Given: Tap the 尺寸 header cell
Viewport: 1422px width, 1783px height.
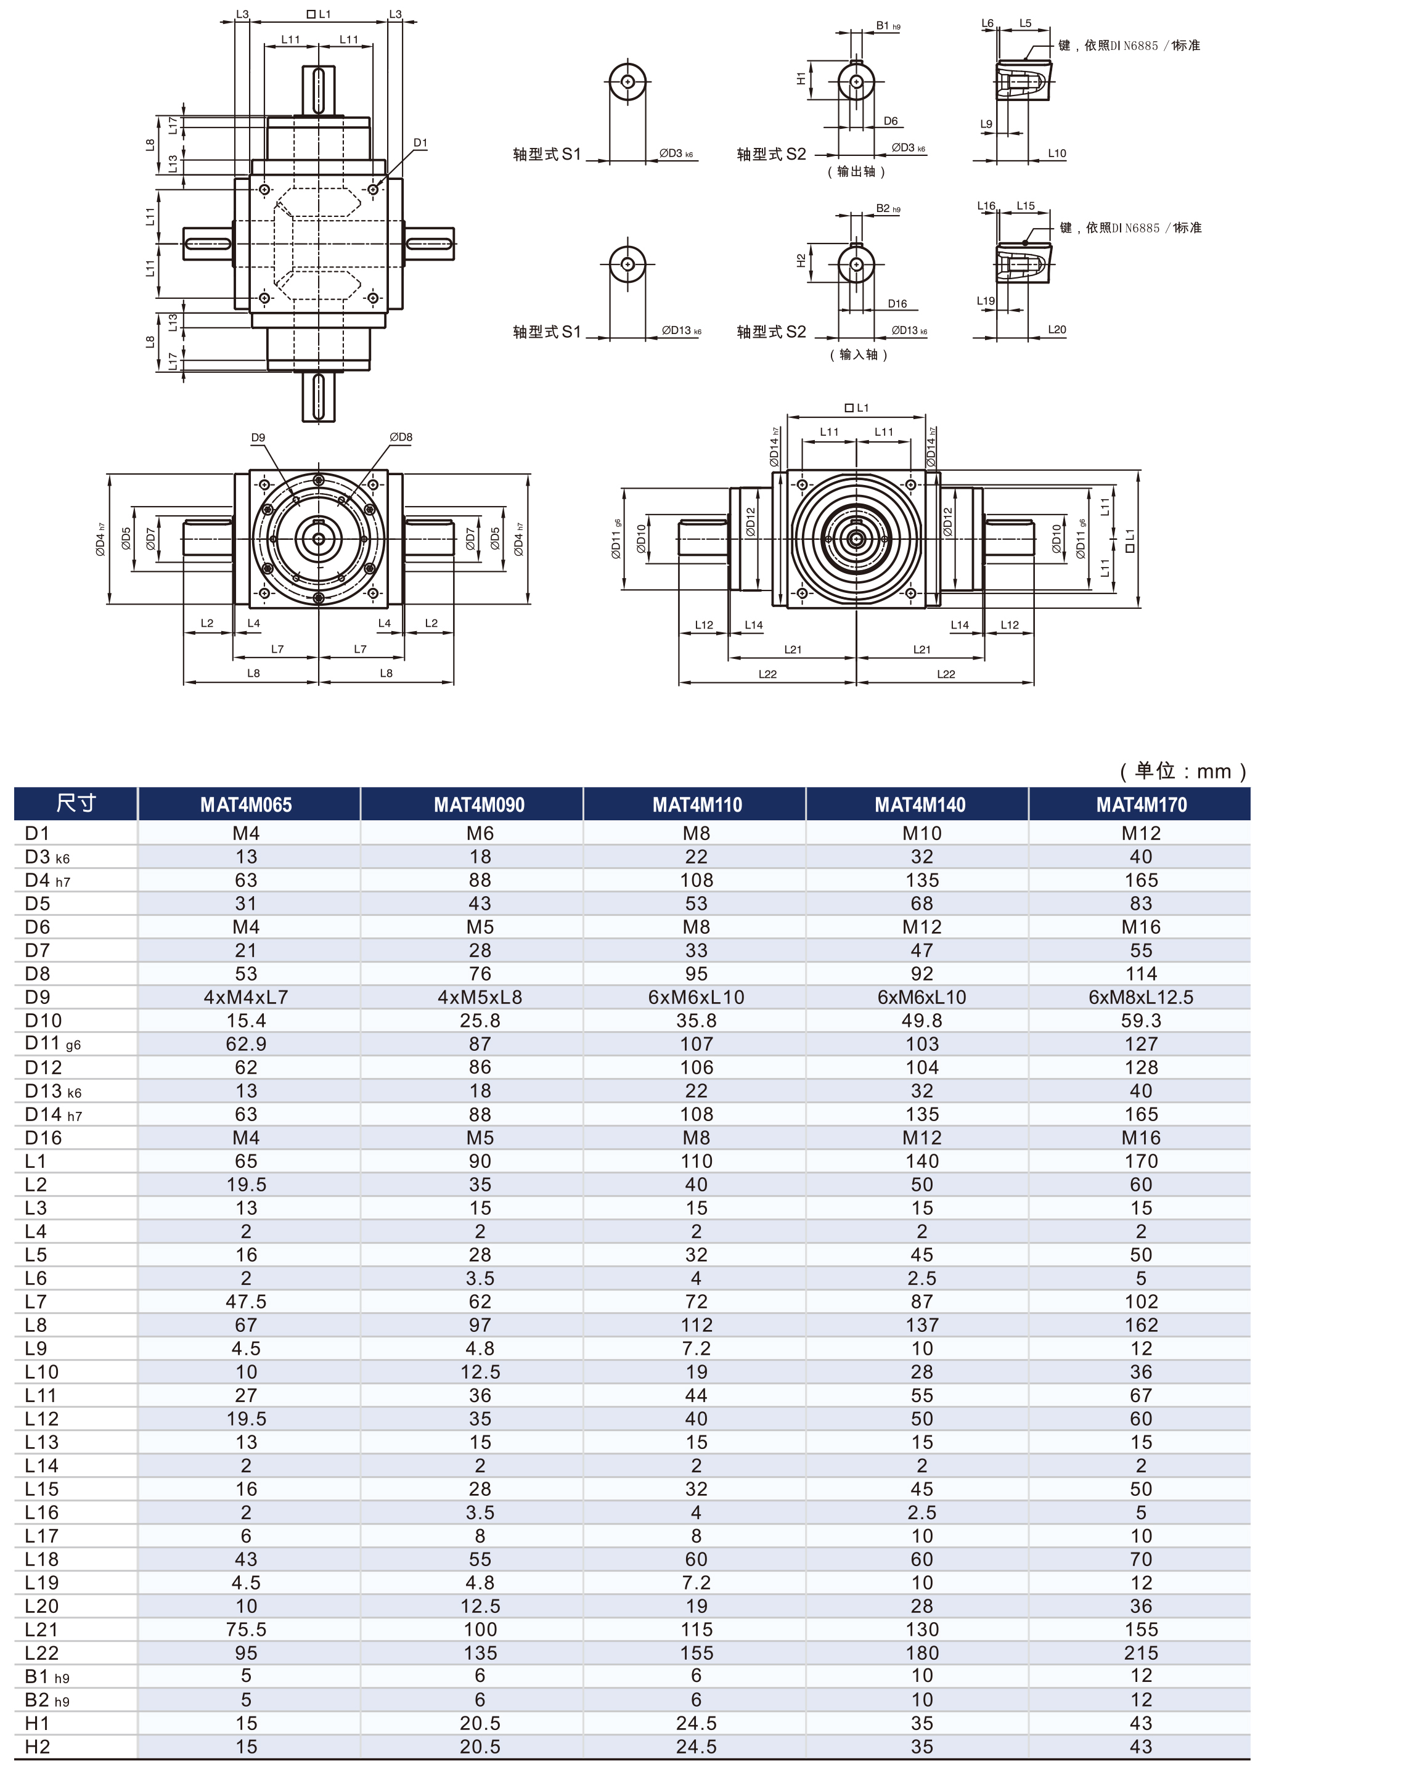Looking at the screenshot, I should [76, 803].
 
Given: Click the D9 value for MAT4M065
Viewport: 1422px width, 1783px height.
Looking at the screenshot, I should [246, 997].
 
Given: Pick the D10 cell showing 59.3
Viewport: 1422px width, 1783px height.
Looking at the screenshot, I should [1141, 1021].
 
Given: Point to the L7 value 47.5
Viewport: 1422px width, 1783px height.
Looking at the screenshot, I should [246, 1302].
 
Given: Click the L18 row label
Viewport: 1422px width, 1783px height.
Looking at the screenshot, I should [41, 1560].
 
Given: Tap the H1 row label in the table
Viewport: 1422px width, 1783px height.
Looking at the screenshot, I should [37, 1723].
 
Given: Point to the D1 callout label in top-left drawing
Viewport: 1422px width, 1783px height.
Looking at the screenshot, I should [420, 143].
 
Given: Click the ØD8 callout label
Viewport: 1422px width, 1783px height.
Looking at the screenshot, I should [401, 436].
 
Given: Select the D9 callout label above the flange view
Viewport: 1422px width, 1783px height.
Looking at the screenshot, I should [258, 438].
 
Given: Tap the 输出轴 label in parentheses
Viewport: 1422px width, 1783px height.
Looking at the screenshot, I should [856, 171].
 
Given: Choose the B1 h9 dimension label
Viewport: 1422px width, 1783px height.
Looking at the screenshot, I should [888, 26].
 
